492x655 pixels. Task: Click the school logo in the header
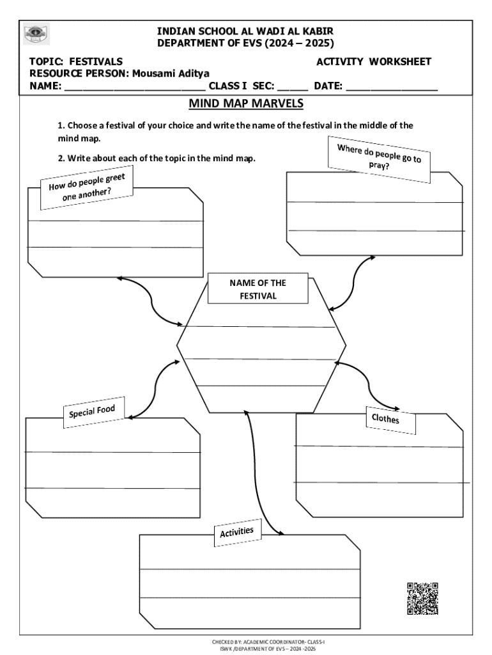tap(36, 35)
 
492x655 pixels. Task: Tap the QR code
tap(422, 598)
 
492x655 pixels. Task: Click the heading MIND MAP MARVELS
tap(245, 104)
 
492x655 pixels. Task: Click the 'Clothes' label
tap(385, 419)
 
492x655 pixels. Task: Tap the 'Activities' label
tap(237, 532)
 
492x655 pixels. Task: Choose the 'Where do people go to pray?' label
tap(379, 158)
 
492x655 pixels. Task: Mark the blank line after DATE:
tap(392, 88)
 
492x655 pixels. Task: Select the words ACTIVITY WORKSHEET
tap(374, 61)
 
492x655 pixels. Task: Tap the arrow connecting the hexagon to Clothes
tap(368, 383)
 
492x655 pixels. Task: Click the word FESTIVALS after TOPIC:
tap(96, 61)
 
